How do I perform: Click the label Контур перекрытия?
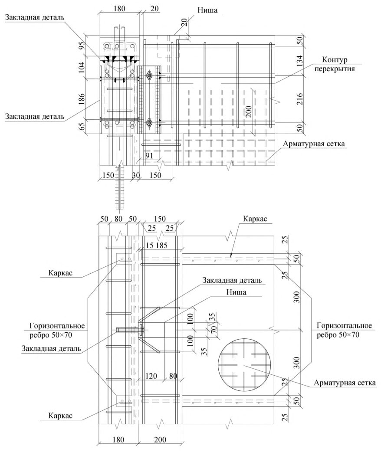pos(335,64)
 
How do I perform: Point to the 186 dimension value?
pos(82,99)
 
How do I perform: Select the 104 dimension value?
pos(82,67)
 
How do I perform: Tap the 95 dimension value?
pos(82,46)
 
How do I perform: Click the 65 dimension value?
pos(82,126)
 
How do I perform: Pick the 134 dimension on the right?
pos(300,61)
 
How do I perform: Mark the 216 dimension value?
pos(300,99)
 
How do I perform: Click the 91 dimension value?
pos(149,156)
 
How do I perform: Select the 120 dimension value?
pos(151,376)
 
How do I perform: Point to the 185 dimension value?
pos(161,246)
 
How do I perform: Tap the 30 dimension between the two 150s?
pos(136,175)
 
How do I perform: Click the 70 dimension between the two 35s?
pos(213,329)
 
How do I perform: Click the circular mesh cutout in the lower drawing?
pos(245,366)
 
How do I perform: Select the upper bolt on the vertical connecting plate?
pos(149,75)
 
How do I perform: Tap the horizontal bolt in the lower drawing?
pos(130,330)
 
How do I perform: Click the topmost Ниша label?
pos(207,10)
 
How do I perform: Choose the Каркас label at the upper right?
pos(255,219)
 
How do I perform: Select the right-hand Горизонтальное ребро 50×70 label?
pos(344,330)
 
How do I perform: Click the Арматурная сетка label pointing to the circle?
pos(345,383)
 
